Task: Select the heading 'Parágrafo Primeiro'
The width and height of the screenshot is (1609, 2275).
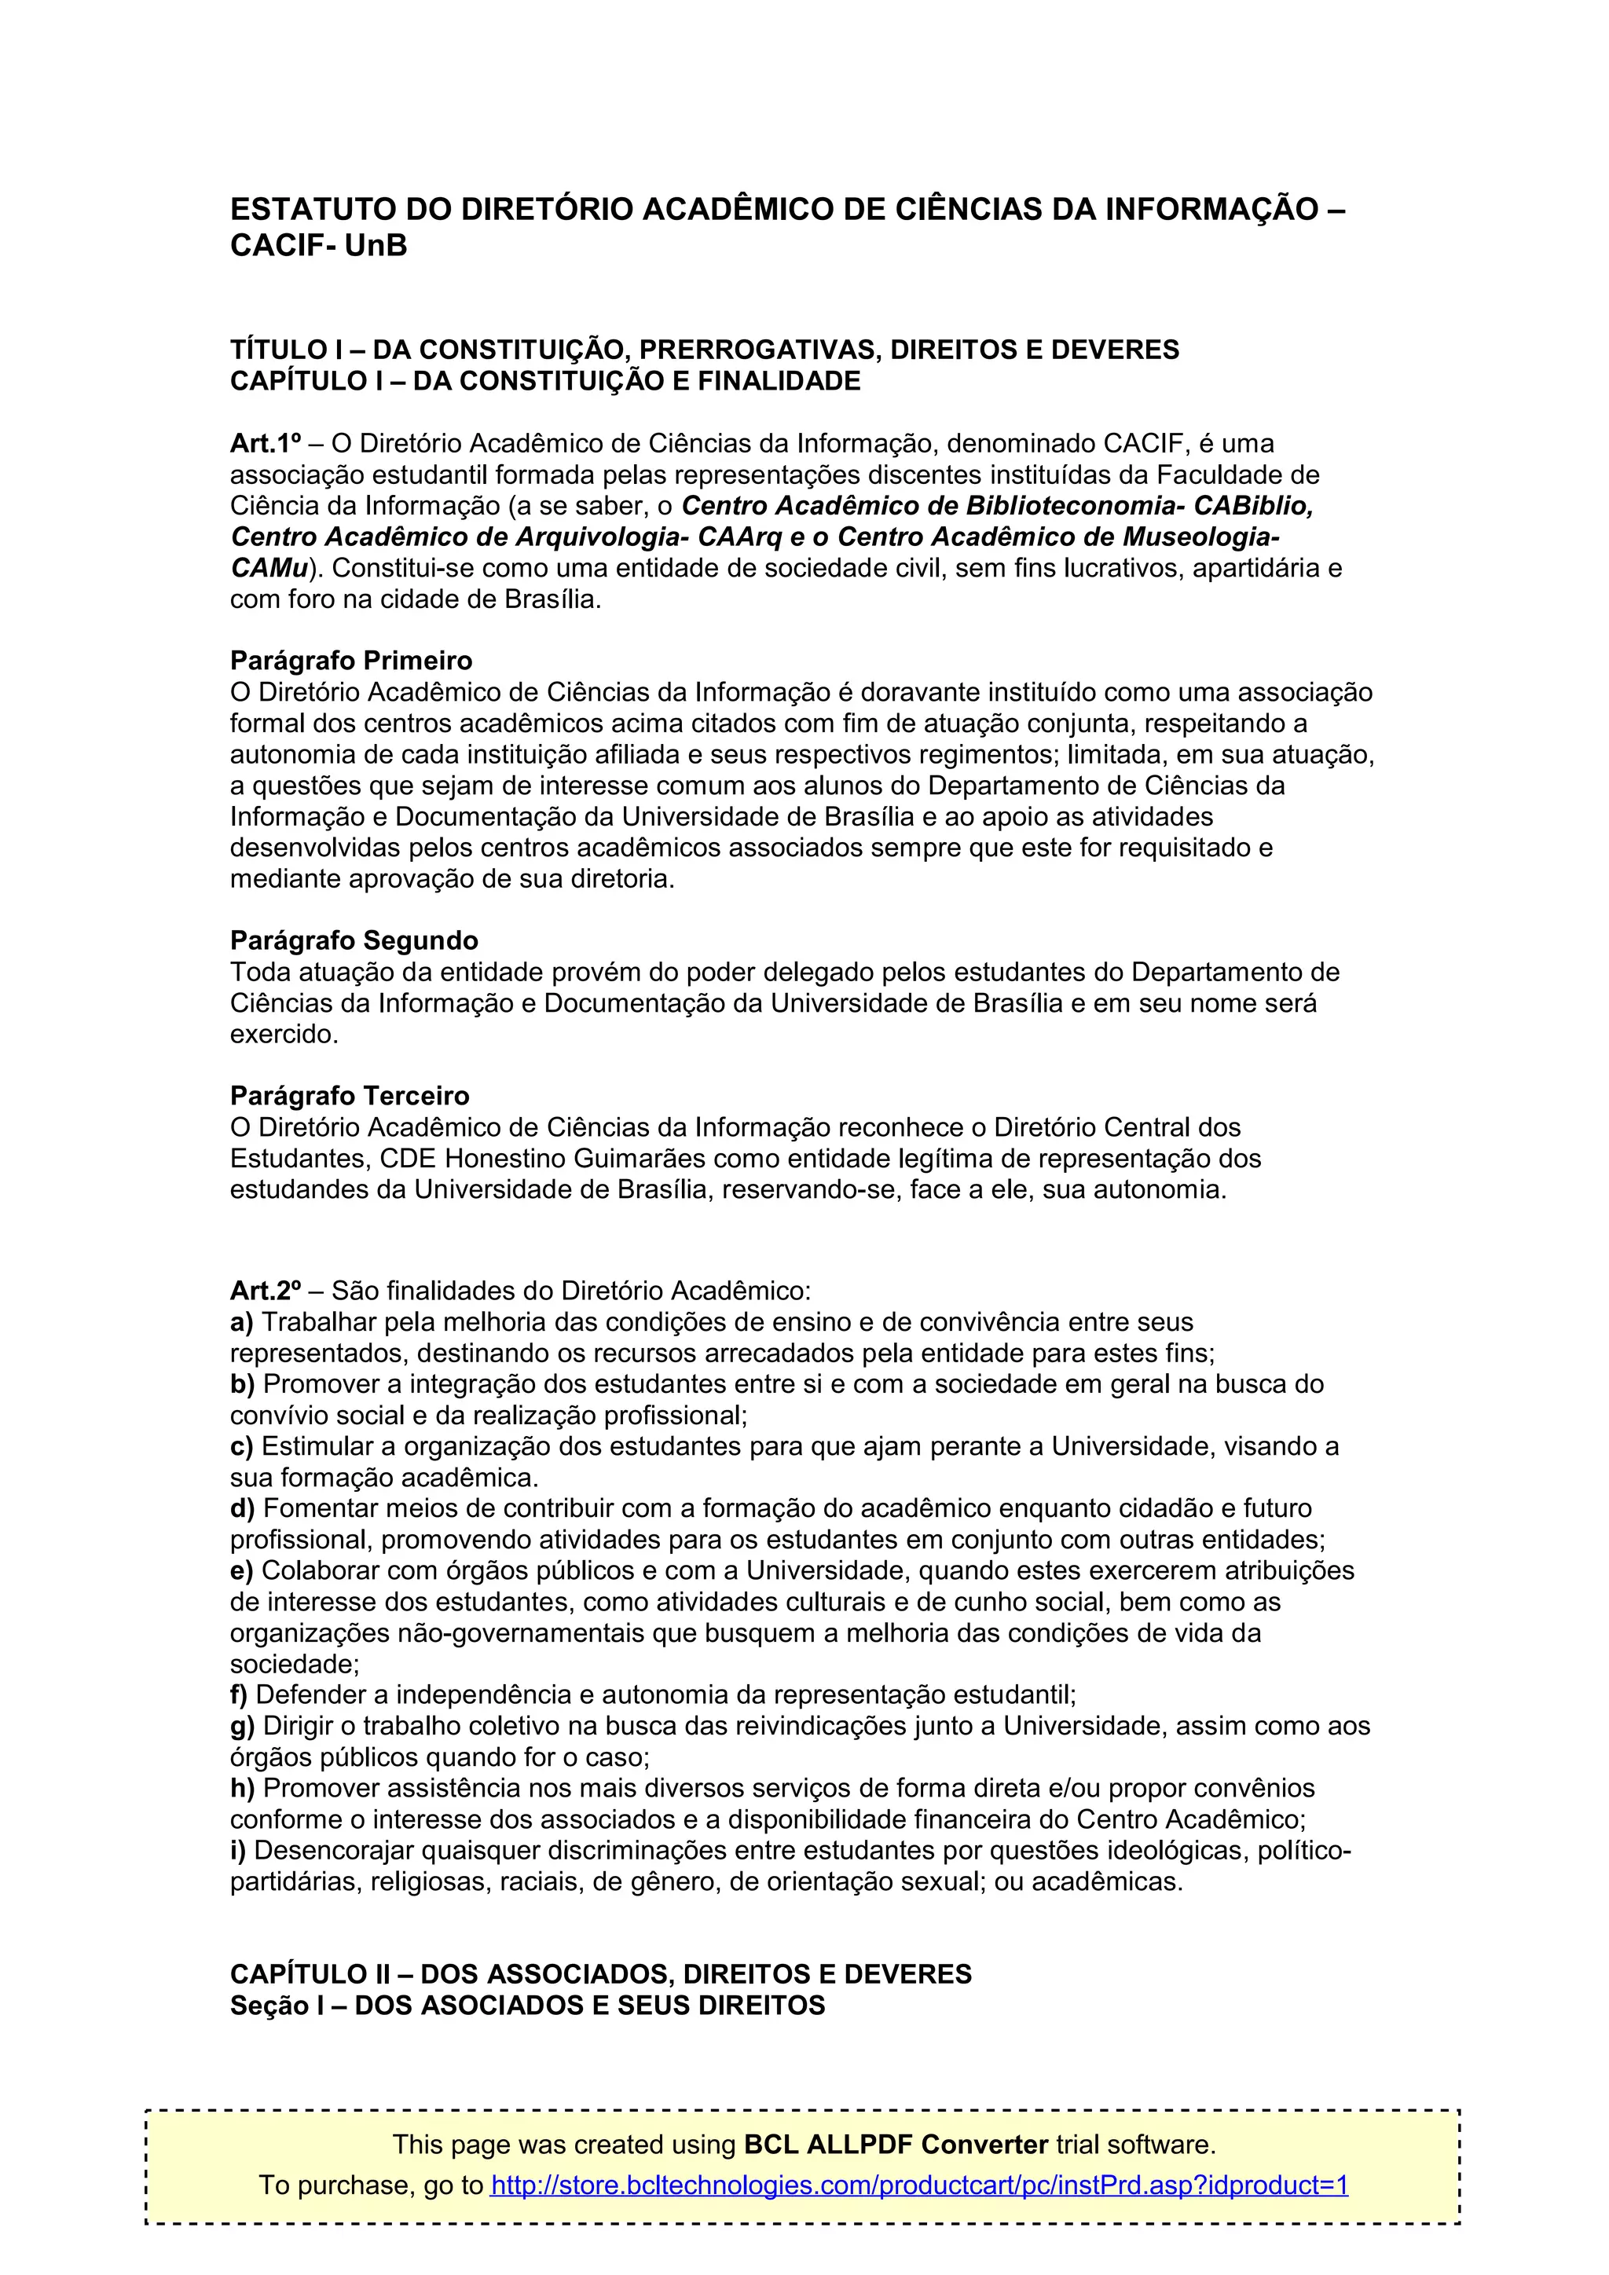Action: [x=350, y=660]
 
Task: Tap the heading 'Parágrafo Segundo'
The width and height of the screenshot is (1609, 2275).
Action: [x=354, y=940]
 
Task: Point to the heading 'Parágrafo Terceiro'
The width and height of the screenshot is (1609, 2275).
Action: [x=350, y=1096]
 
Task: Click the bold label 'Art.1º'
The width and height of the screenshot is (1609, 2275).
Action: [x=266, y=443]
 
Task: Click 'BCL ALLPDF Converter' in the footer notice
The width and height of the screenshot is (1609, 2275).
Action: [x=896, y=2145]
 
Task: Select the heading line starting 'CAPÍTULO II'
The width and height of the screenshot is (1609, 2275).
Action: [x=600, y=1974]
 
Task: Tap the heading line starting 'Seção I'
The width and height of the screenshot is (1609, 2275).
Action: [x=527, y=2006]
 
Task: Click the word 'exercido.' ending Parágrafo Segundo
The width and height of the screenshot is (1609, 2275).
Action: [x=284, y=1035]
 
